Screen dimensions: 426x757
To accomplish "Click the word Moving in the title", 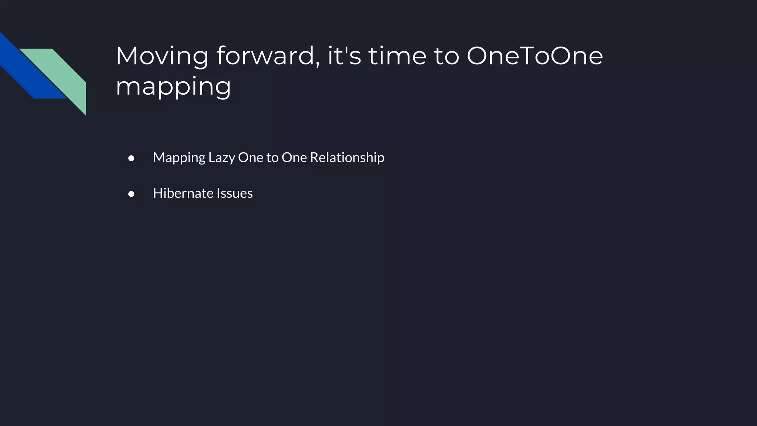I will pyautogui.click(x=162, y=56).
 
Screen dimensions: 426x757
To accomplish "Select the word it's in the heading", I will pyautogui.click(x=344, y=56).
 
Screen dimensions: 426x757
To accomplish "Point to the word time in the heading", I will pyautogui.click(x=397, y=56).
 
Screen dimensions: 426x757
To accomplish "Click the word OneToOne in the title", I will pyautogui.click(x=534, y=56).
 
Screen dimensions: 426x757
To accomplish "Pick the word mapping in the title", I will pyautogui.click(x=173, y=87).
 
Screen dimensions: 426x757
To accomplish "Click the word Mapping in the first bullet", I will pyautogui.click(x=179, y=158).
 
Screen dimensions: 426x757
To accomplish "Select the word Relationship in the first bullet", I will pyautogui.click(x=347, y=158).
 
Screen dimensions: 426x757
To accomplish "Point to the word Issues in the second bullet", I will pyautogui.click(x=235, y=193).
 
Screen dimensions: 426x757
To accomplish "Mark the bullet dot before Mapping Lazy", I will pyautogui.click(x=131, y=159).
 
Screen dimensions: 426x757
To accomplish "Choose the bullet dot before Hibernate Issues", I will pyautogui.click(x=131, y=194).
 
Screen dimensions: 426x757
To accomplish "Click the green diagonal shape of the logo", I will pyautogui.click(x=67, y=74).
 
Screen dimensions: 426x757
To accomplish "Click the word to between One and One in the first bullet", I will pyautogui.click(x=272, y=158).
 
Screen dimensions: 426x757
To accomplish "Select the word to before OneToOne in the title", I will pyautogui.click(x=446, y=56).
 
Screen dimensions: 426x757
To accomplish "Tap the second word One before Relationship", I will pyautogui.click(x=294, y=158).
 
